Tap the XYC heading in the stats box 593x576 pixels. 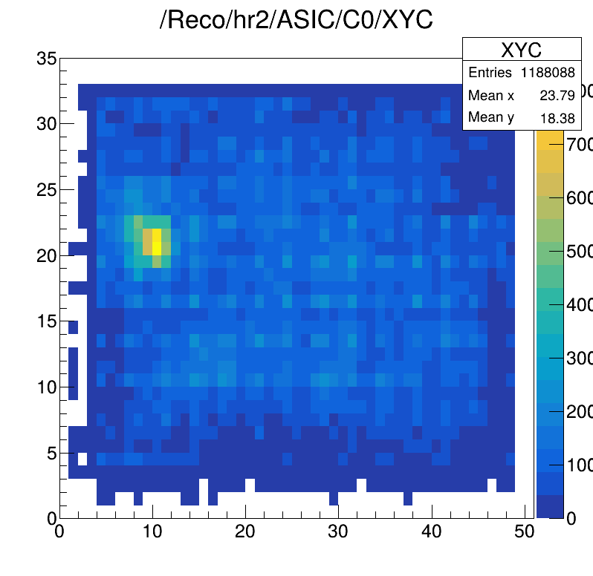point(521,50)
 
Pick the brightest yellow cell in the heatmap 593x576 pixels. point(157,242)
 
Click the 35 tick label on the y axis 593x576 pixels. point(46,58)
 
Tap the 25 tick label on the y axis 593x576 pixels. point(46,189)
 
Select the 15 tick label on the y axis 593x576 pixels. point(46,321)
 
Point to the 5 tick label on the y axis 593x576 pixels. point(51,452)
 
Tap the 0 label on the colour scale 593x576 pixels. point(571,519)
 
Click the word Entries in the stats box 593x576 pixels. point(490,73)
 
